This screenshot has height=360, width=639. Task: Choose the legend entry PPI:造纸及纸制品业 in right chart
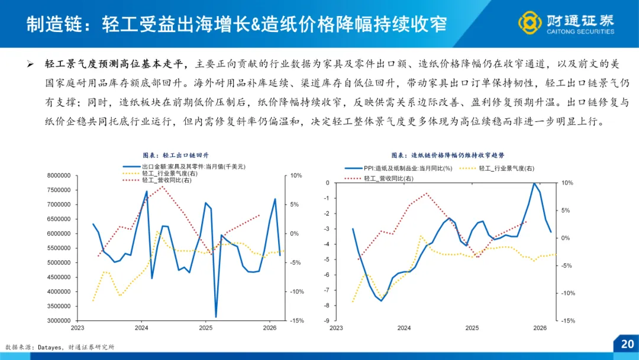click(x=408, y=168)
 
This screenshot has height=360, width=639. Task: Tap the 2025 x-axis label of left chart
click(x=205, y=327)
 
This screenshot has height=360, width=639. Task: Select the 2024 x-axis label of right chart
click(x=404, y=327)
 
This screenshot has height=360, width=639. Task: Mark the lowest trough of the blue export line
click(x=216, y=317)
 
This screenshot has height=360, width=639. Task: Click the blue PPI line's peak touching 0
click(x=534, y=183)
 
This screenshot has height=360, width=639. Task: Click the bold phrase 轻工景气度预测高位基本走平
click(x=117, y=64)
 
